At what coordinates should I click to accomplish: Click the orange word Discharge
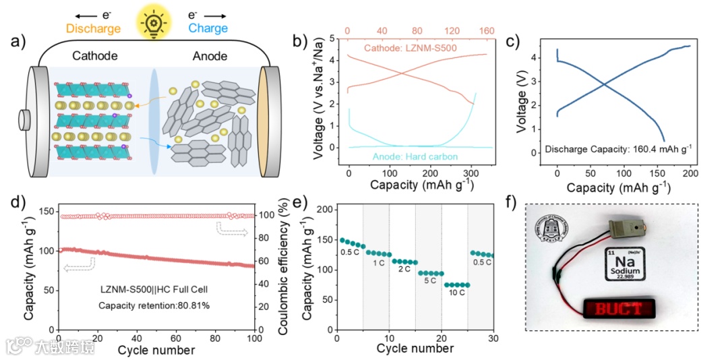point(94,28)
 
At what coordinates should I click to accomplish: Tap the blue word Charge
point(208,28)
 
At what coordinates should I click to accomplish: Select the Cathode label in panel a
point(94,57)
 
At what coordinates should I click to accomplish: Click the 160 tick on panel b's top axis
point(486,31)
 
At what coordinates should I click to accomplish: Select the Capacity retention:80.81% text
point(154,305)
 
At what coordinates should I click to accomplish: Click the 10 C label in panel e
point(456,294)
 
